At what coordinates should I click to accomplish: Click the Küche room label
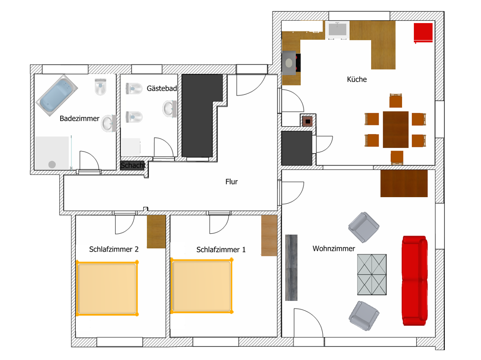357,79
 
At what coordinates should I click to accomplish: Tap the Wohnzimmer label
334,248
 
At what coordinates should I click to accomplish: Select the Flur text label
232,182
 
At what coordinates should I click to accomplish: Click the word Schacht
133,165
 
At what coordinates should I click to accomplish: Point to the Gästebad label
162,89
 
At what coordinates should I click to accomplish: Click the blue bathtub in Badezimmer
57,95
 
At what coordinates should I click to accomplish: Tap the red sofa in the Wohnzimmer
415,281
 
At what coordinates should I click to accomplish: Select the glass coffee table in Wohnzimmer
372,275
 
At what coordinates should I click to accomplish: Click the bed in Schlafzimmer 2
107,288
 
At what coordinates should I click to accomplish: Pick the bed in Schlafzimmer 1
202,286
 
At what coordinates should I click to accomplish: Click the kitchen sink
337,30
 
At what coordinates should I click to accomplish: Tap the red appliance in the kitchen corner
423,32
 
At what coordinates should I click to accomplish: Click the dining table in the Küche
396,130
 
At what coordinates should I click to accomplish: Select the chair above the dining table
396,100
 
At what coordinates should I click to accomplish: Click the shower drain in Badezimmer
52,165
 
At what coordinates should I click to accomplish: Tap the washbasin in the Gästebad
169,108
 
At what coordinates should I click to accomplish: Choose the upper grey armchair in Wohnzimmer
364,227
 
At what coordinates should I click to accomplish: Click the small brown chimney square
308,122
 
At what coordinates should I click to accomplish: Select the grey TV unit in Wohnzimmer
291,268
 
